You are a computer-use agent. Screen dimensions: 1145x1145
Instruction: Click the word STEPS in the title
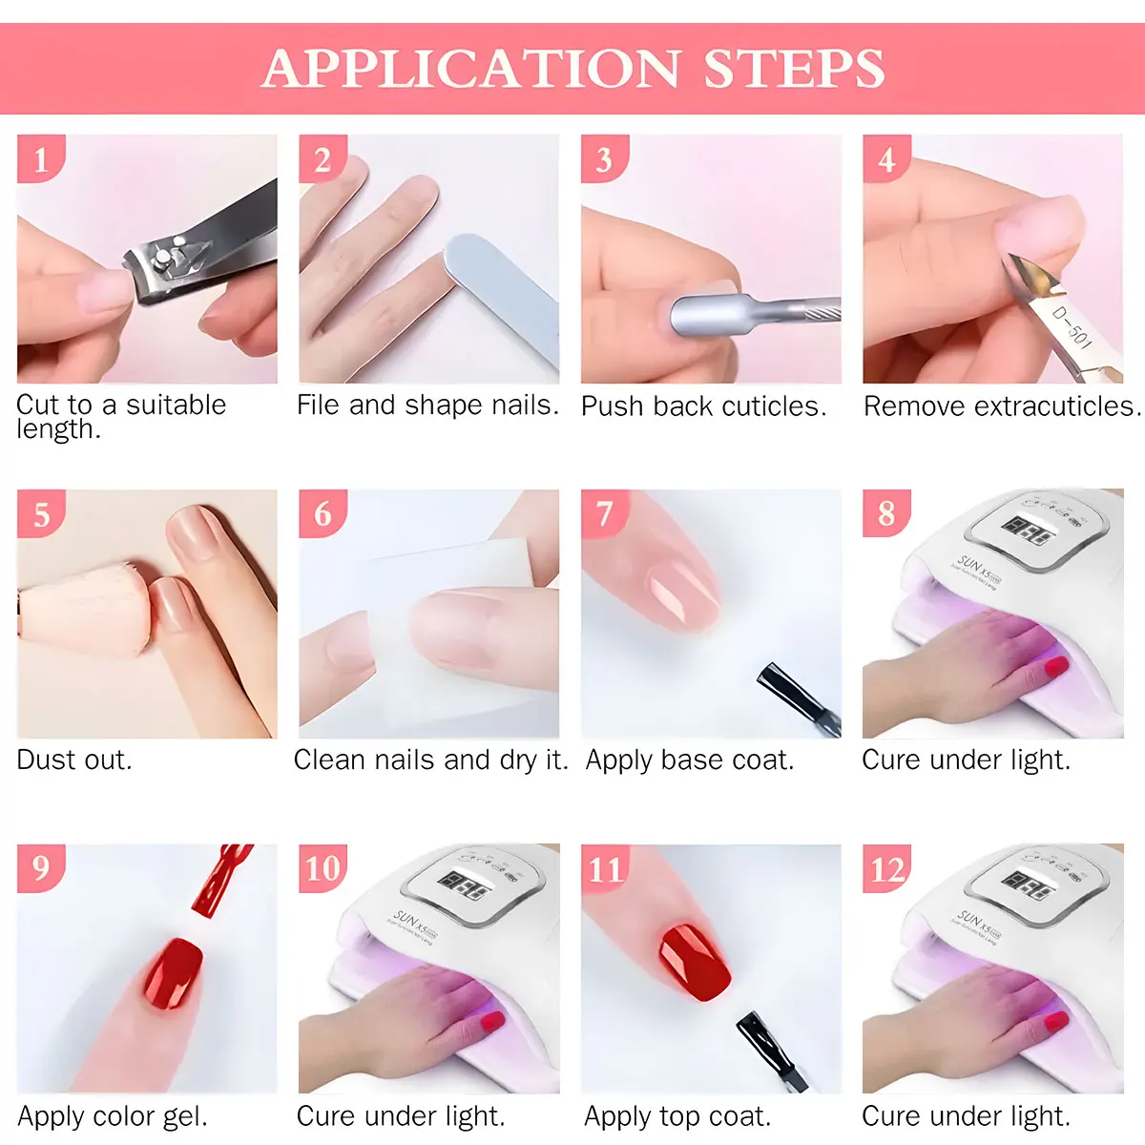794,69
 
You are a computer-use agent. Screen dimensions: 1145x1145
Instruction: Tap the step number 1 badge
40,158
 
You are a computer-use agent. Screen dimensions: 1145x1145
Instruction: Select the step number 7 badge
604,513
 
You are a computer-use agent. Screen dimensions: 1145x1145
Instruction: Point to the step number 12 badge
886,868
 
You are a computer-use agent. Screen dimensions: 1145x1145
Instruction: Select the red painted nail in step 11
695,962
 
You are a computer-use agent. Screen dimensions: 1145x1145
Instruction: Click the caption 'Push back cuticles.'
703,406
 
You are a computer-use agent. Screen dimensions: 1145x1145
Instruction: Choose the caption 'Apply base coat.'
689,760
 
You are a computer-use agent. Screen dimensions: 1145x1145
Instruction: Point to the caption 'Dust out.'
74,760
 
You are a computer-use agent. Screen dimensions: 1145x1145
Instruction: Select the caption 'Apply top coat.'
677,1115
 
